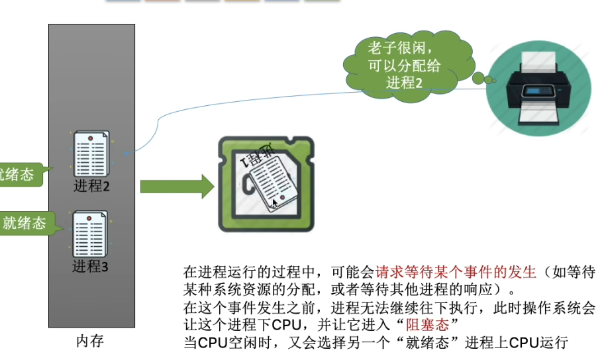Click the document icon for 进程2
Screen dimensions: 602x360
(x=90, y=154)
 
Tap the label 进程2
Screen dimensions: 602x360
(x=91, y=186)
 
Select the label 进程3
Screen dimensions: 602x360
(x=90, y=267)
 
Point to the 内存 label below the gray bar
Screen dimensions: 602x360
(x=90, y=341)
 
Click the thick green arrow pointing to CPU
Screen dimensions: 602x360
(x=176, y=187)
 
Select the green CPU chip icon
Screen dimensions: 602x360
(x=266, y=184)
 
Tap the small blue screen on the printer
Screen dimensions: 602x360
(x=536, y=90)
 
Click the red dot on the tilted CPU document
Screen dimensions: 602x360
(x=282, y=198)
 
